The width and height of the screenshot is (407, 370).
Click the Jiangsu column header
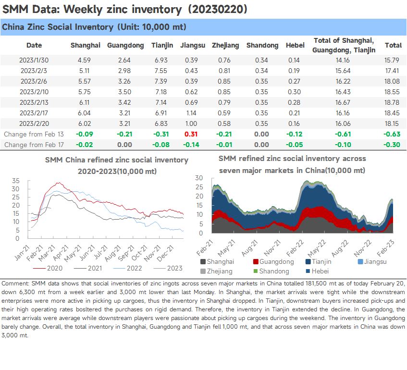pyautogui.click(x=193, y=46)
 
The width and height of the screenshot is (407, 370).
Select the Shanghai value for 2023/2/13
pyautogui.click(x=84, y=102)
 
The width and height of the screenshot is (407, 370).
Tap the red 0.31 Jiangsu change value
pyautogui.click(x=191, y=134)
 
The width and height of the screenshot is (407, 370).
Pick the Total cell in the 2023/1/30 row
pyautogui.click(x=392, y=60)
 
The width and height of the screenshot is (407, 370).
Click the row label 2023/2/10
pyautogui.click(x=34, y=92)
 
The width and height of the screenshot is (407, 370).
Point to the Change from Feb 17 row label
pyautogui.click(x=34, y=145)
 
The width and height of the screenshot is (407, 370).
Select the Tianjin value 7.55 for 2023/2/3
pyautogui.click(x=161, y=71)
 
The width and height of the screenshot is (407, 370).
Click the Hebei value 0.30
pyautogui.click(x=294, y=92)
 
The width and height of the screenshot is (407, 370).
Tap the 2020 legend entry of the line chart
pyautogui.click(x=48, y=268)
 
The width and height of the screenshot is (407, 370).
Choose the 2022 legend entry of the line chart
pyautogui.click(x=128, y=268)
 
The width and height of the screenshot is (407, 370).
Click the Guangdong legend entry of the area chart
pyautogui.click(x=273, y=261)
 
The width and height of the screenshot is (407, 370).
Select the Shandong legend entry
pyautogui.click(x=271, y=271)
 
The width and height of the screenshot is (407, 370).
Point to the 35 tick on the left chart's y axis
pyautogui.click(x=15, y=181)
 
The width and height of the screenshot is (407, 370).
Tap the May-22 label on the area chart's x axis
pyautogui.click(x=317, y=247)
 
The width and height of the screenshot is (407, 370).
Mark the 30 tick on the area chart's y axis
pyautogui.click(x=199, y=178)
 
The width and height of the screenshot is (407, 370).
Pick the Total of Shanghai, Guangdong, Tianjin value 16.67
pyautogui.click(x=343, y=102)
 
